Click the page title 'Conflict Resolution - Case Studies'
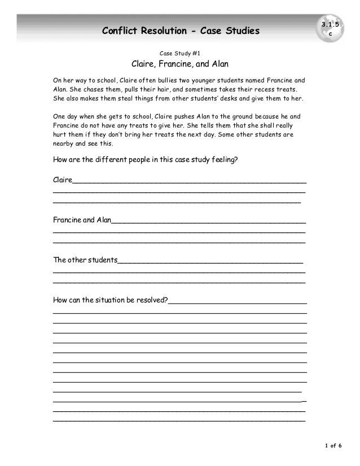click(181, 30)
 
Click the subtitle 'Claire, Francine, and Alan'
click(179, 63)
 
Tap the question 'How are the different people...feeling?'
click(146, 160)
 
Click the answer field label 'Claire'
click(62, 180)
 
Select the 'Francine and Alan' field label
click(82, 219)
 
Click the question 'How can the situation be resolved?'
click(110, 300)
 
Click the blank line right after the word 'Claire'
click(189, 181)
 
